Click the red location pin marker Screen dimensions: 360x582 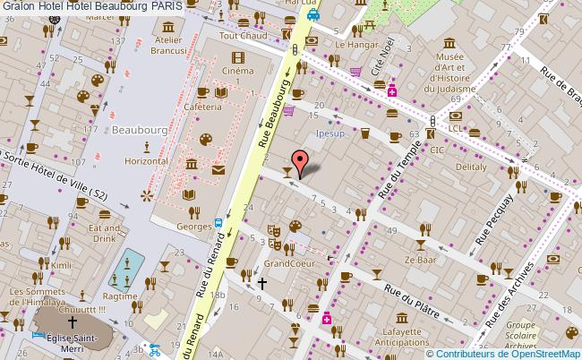click(x=302, y=161)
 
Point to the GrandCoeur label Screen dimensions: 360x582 click(x=287, y=264)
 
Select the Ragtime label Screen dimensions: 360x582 click(x=121, y=295)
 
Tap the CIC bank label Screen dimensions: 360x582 click(x=437, y=150)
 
